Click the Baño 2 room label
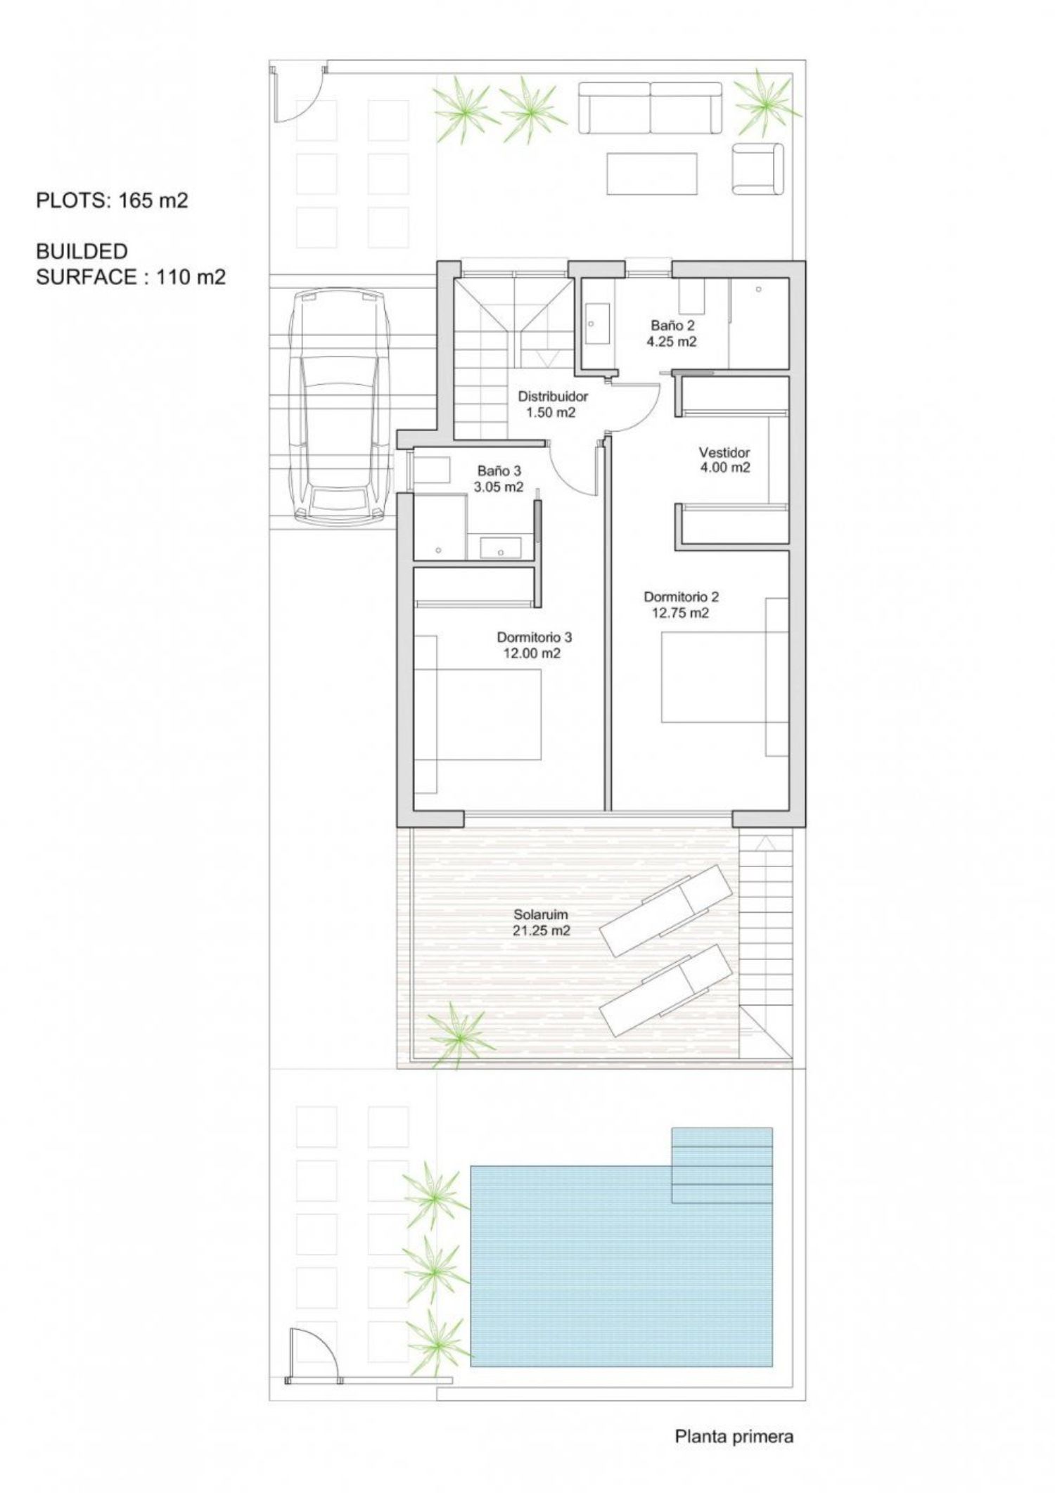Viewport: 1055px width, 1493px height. pos(672,333)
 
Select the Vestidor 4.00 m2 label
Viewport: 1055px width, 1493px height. pos(724,459)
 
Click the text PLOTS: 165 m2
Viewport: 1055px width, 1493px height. pos(113,200)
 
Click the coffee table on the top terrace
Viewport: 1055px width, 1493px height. pos(652,174)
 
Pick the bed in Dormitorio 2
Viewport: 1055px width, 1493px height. pos(724,677)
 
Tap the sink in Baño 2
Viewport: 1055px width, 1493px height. pos(598,323)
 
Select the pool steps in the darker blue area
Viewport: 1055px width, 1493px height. pos(722,1166)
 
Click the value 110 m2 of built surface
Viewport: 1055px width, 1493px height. pos(191,277)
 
